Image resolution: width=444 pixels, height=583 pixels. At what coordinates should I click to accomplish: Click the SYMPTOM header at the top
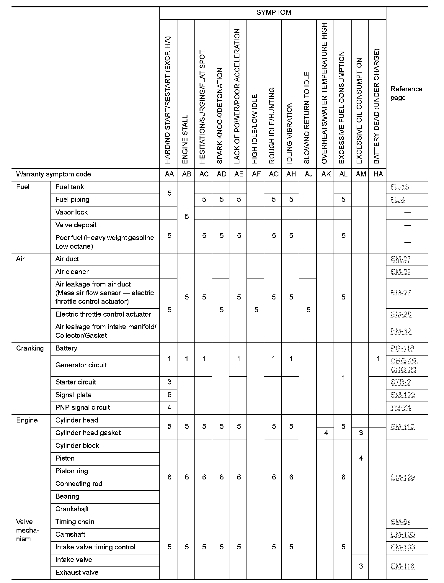[x=273, y=12]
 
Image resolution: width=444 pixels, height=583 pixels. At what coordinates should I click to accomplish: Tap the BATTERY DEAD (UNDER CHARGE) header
[x=377, y=106]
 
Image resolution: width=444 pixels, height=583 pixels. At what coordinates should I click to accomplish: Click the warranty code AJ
[x=308, y=174]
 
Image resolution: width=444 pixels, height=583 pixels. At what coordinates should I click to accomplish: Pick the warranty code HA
[x=378, y=174]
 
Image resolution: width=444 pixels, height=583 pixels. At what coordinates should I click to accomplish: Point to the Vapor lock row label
[x=71, y=212]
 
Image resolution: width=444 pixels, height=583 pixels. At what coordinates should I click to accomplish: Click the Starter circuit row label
[x=76, y=382]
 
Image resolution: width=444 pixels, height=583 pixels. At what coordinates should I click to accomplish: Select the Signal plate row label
[x=73, y=395]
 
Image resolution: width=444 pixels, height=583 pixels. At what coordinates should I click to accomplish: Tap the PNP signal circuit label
[x=83, y=408]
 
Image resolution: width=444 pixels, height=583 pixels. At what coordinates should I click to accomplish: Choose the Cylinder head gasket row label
[x=88, y=433]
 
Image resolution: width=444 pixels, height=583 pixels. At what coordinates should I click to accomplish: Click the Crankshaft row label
[x=72, y=509]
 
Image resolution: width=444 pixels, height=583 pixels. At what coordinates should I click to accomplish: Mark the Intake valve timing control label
[x=95, y=547]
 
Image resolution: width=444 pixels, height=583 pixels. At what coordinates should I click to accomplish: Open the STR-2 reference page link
[x=401, y=382]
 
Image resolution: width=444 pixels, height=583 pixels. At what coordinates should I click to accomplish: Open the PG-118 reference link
[x=402, y=348]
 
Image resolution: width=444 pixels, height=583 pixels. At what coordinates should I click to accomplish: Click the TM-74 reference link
[x=401, y=408]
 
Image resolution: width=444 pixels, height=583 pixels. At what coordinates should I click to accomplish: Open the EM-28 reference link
[x=401, y=315]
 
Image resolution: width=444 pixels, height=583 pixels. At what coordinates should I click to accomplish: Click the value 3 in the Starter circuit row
[x=169, y=382]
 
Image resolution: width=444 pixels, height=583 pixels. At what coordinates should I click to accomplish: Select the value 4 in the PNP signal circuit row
[x=169, y=408]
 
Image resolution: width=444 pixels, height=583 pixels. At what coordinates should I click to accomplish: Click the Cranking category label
[x=30, y=348]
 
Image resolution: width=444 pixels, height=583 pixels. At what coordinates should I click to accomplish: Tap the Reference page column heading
[x=406, y=93]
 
